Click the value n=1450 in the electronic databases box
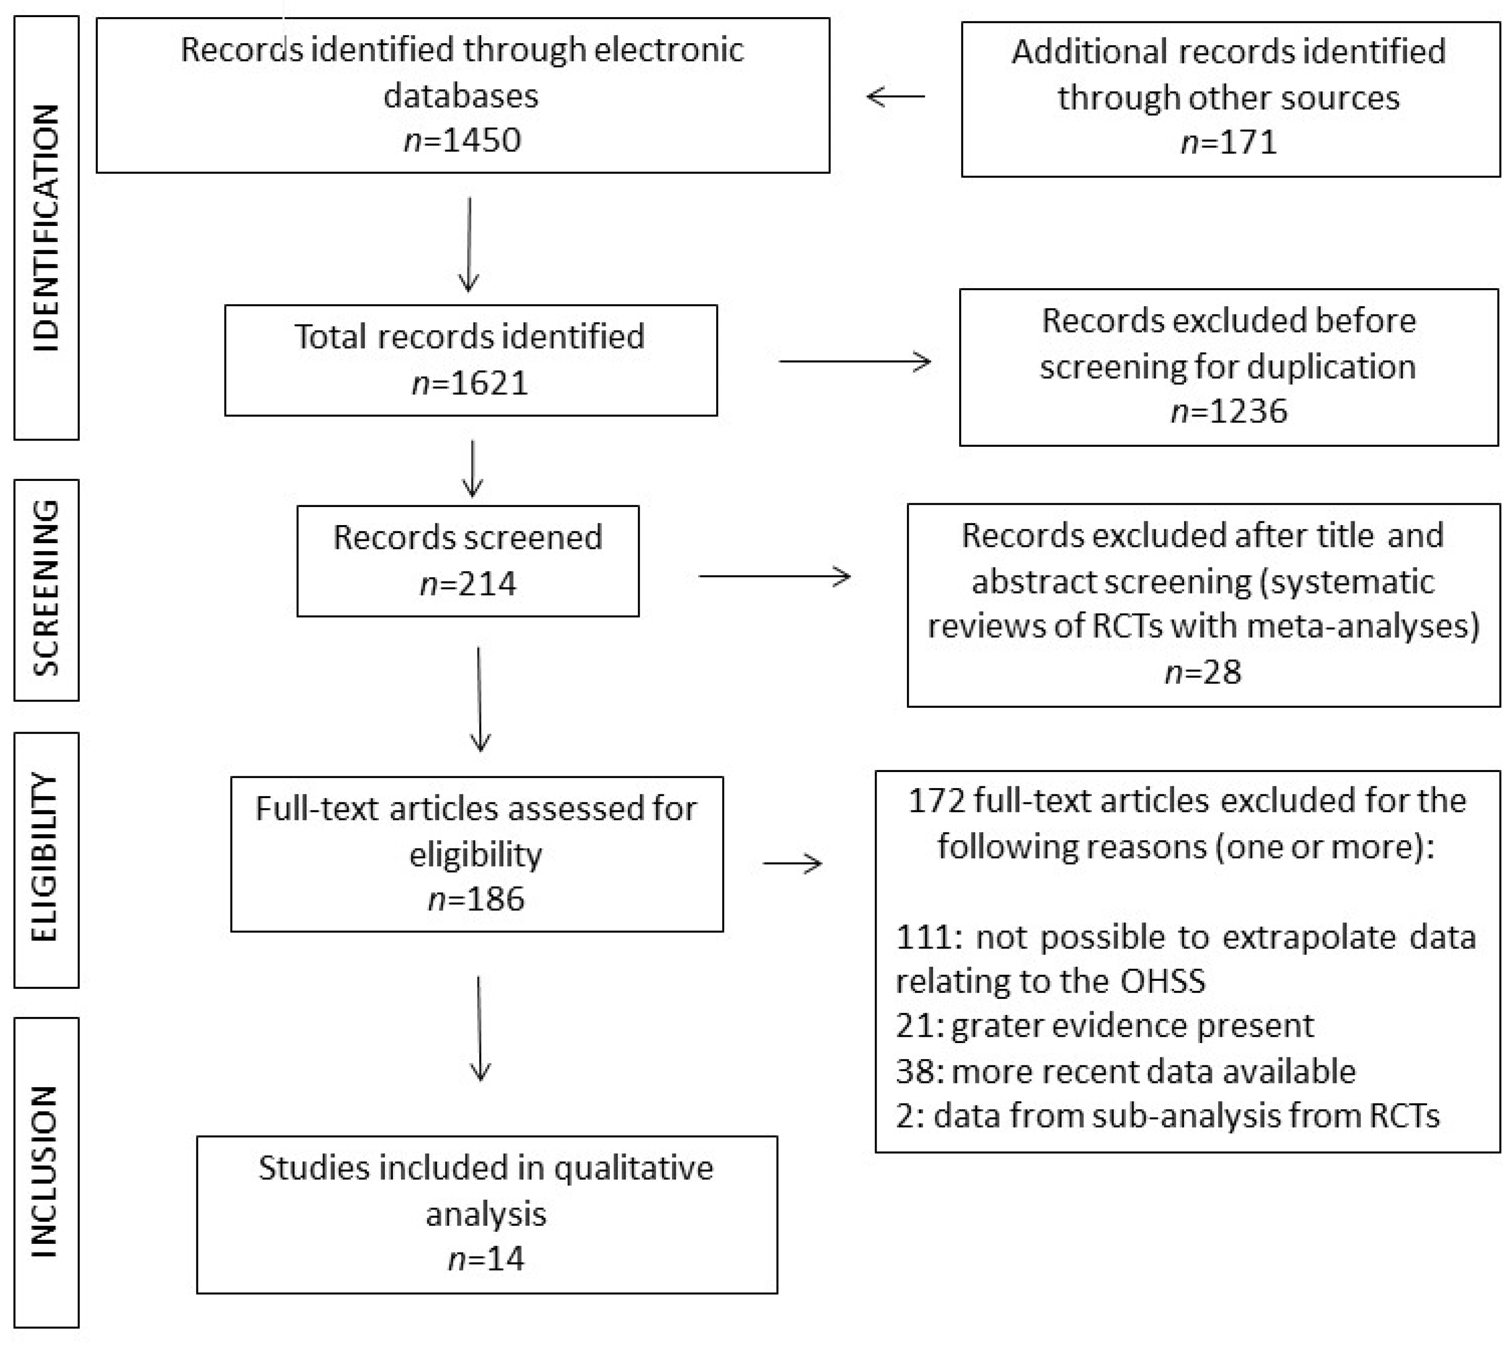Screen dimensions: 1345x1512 [462, 140]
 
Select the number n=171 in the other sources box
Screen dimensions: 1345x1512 [1229, 141]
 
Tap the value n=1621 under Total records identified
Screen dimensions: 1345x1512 [470, 383]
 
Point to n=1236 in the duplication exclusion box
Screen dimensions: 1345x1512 [1229, 411]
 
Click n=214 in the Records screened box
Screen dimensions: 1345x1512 [467, 584]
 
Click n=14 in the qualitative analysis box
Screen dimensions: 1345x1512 [486, 1259]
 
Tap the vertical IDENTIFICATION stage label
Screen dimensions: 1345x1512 [46, 228]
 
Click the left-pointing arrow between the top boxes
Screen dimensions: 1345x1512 [895, 96]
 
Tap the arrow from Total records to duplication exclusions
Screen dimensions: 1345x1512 [854, 362]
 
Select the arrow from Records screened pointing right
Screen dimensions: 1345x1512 [775, 576]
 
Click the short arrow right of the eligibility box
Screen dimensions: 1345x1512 [792, 864]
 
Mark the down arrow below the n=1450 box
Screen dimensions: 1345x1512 [469, 244]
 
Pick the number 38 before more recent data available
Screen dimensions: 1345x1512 [915, 1071]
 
